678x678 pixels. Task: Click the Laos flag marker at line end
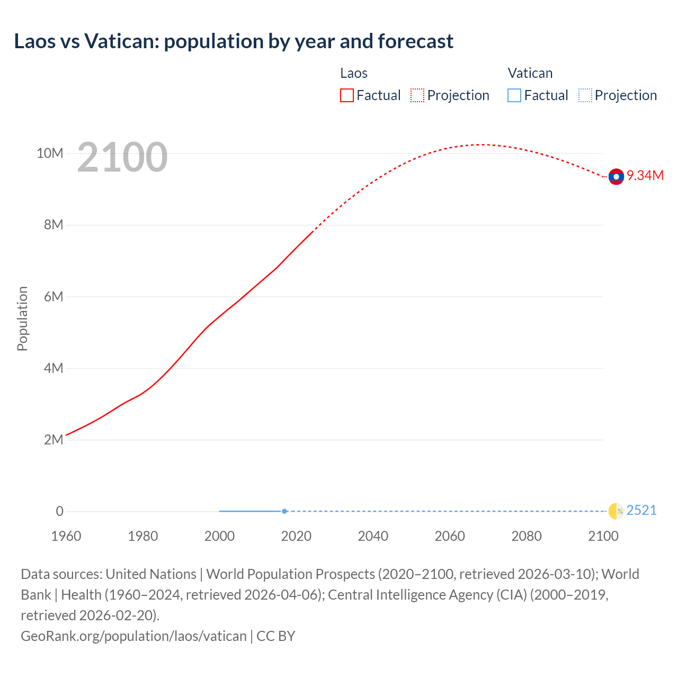click(615, 176)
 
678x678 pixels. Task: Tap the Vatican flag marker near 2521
click(615, 511)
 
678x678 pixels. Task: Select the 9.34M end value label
click(645, 175)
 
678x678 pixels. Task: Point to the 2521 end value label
click(641, 510)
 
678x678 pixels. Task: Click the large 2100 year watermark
click(122, 157)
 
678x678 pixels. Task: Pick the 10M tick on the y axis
click(50, 153)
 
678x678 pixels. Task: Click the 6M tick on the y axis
click(53, 297)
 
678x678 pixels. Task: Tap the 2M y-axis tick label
click(53, 440)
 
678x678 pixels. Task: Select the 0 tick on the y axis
click(59, 511)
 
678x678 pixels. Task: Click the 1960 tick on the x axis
click(66, 536)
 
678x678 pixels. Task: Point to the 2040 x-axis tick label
click(373, 536)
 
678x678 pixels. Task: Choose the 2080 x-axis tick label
click(527, 536)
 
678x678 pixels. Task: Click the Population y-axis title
click(22, 318)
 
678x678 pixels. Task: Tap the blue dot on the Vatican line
click(284, 511)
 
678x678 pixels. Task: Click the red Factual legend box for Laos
click(347, 95)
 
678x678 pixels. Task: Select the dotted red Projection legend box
click(417, 95)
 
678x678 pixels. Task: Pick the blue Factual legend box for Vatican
click(514, 95)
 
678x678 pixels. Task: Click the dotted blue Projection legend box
click(585, 95)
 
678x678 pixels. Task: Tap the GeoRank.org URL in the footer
click(133, 636)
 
